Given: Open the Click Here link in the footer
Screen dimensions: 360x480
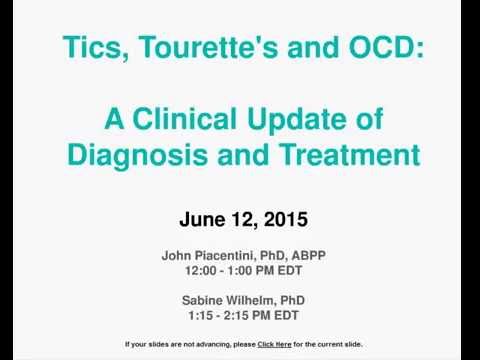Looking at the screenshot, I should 275,344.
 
